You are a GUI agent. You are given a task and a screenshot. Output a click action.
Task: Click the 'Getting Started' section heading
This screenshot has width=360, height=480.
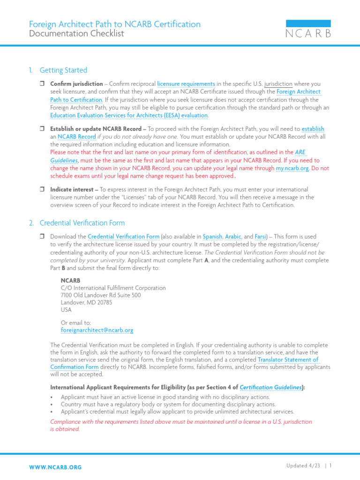[x=63, y=70]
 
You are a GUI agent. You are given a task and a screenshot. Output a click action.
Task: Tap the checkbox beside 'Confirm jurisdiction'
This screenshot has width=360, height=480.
[x=41, y=83]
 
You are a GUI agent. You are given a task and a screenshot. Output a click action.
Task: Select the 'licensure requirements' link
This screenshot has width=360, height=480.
[x=186, y=83]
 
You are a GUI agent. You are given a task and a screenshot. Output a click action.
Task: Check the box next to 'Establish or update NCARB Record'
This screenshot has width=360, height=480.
[x=41, y=129]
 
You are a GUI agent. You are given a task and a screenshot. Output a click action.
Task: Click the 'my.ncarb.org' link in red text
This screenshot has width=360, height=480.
[x=292, y=168]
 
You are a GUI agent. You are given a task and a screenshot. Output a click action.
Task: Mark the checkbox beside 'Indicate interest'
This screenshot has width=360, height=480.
[x=41, y=190]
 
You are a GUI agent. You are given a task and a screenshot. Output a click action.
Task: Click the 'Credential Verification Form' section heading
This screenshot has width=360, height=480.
[x=82, y=223]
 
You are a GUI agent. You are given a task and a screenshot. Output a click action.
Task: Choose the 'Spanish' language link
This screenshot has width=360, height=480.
[x=212, y=237]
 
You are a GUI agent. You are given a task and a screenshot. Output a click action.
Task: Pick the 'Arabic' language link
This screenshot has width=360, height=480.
[x=233, y=237]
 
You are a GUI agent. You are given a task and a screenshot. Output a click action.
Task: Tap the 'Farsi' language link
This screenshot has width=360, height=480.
[x=260, y=237]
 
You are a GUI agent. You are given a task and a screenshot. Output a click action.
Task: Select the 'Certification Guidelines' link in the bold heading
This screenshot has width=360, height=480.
[x=270, y=387]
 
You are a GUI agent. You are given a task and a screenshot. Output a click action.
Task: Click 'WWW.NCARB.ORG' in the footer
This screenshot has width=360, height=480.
[x=55, y=467]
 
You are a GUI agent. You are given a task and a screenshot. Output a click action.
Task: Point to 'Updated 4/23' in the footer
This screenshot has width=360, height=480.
[x=303, y=465]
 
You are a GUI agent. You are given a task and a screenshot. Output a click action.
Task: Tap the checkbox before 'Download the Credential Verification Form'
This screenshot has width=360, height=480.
[x=41, y=237]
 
